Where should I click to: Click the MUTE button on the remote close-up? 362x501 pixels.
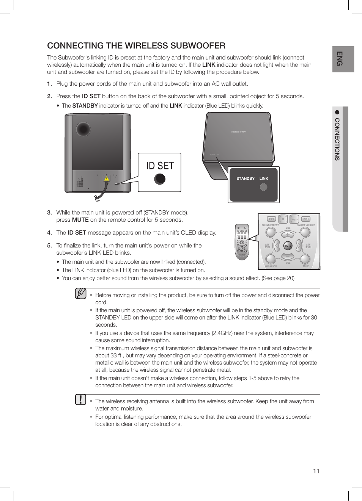(x=288, y=246)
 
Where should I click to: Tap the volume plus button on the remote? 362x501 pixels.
(x=288, y=234)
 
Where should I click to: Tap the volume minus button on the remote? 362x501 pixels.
(x=288, y=257)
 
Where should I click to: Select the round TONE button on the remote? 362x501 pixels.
(x=305, y=259)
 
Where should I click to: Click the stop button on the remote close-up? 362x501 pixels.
(x=283, y=219)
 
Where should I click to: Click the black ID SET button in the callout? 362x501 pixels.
(x=160, y=179)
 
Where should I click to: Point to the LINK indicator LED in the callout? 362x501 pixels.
(x=263, y=187)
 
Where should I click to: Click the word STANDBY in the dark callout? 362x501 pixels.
(x=245, y=178)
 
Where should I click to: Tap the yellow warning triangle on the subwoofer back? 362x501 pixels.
(x=107, y=178)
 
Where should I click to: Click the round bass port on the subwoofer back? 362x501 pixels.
(x=83, y=129)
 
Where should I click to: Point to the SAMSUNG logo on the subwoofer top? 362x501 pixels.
(x=239, y=132)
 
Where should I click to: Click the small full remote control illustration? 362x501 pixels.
(x=242, y=242)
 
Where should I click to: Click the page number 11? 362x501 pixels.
(x=316, y=471)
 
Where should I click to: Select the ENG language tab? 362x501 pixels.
(x=340, y=59)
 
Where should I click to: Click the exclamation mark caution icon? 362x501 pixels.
(x=80, y=400)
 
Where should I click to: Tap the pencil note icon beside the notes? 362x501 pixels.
(x=80, y=294)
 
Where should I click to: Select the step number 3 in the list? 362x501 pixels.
(x=49, y=213)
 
